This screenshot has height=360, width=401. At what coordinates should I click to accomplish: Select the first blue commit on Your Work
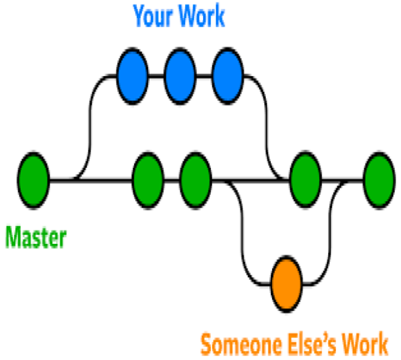tap(133, 76)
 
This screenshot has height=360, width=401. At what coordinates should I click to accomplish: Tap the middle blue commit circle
tap(180, 76)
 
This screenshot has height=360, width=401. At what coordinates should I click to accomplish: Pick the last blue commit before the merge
tap(228, 76)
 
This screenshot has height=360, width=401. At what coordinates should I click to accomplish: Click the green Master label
tap(35, 238)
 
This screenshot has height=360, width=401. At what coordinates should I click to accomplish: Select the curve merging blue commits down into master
tap(267, 124)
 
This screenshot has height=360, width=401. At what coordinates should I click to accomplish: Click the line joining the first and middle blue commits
tap(156, 76)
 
